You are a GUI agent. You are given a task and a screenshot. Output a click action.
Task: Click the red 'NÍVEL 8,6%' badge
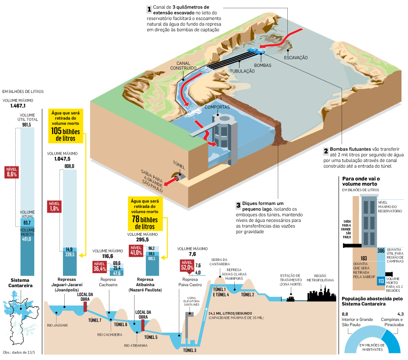(12, 172)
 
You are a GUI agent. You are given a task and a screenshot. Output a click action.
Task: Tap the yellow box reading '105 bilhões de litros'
(66, 126)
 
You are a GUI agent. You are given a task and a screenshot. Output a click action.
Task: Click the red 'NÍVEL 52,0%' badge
(187, 265)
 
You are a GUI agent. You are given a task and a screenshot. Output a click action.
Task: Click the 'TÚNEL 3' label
(189, 350)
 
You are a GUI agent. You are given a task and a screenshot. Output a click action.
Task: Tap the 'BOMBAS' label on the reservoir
(263, 65)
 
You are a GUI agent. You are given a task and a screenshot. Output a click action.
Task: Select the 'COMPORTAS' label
(217, 107)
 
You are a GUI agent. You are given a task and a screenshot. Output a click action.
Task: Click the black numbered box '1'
(149, 9)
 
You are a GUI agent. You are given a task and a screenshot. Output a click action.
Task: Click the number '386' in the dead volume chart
(381, 251)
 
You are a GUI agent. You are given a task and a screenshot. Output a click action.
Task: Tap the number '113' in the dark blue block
(381, 281)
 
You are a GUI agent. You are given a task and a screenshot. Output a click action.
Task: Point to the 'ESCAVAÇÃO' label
(296, 57)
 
